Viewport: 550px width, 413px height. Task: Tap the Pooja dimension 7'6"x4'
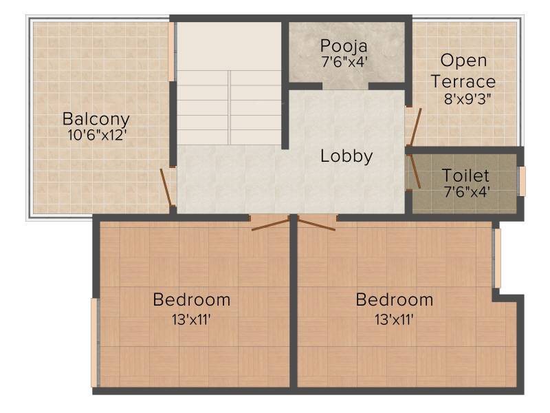344,62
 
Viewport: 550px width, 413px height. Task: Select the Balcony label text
96,119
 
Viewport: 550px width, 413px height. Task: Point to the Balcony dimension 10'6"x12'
97,134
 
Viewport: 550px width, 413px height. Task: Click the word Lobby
346,156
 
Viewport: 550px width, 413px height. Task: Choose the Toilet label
465,176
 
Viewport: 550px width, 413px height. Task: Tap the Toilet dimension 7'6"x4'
467,192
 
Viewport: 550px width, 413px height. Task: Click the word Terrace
463,81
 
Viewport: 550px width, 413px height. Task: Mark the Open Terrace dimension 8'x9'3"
467,99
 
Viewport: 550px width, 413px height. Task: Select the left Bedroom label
192,300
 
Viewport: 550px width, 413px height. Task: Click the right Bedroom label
394,300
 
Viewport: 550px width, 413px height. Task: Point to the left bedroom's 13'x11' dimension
191,319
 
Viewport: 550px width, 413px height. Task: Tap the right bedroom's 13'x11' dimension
394,319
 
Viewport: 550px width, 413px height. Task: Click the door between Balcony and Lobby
166,187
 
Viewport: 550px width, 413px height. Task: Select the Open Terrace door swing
415,127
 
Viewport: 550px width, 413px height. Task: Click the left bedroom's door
270,225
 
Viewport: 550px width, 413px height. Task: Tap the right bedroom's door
316,225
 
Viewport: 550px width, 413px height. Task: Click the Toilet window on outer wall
522,181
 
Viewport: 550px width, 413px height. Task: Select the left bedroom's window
94,343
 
